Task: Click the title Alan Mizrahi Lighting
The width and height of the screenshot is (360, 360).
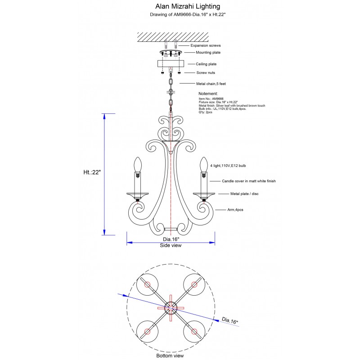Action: tap(181, 7)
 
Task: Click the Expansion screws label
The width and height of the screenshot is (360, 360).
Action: tap(206, 45)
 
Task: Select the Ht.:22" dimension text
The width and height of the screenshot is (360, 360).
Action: tap(92, 172)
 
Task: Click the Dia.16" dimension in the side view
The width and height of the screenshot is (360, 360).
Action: tap(171, 239)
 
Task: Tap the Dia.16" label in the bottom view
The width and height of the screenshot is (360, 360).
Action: tap(230, 321)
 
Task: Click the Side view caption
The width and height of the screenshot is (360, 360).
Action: tap(171, 246)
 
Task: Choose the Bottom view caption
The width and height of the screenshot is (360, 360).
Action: tap(170, 355)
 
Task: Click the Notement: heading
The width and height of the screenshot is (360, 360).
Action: tap(208, 94)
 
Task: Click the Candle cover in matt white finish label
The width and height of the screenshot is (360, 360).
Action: tap(248, 181)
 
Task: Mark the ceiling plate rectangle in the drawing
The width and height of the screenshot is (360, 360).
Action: tap(171, 64)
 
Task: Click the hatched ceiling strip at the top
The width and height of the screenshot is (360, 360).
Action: tap(171, 36)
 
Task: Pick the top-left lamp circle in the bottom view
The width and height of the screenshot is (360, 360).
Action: tap(147, 284)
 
